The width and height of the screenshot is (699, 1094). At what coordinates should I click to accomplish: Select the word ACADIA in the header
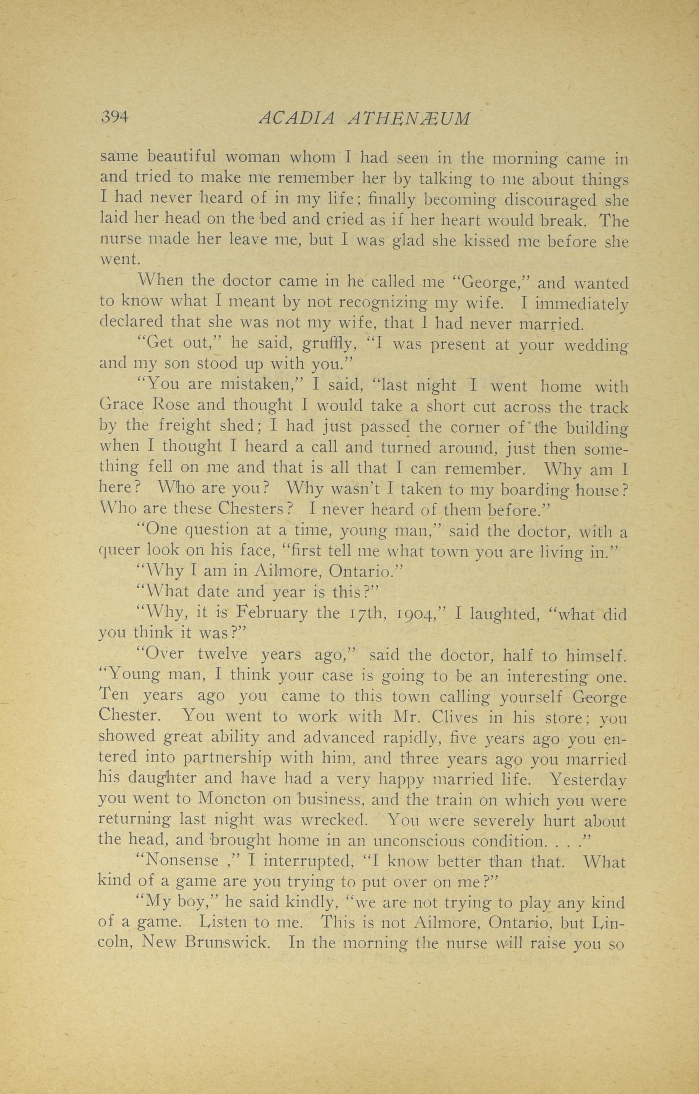click(x=297, y=119)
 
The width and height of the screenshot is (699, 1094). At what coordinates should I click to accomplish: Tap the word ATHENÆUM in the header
click(x=408, y=119)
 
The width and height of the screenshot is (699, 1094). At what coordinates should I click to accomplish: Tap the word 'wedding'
click(x=596, y=346)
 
